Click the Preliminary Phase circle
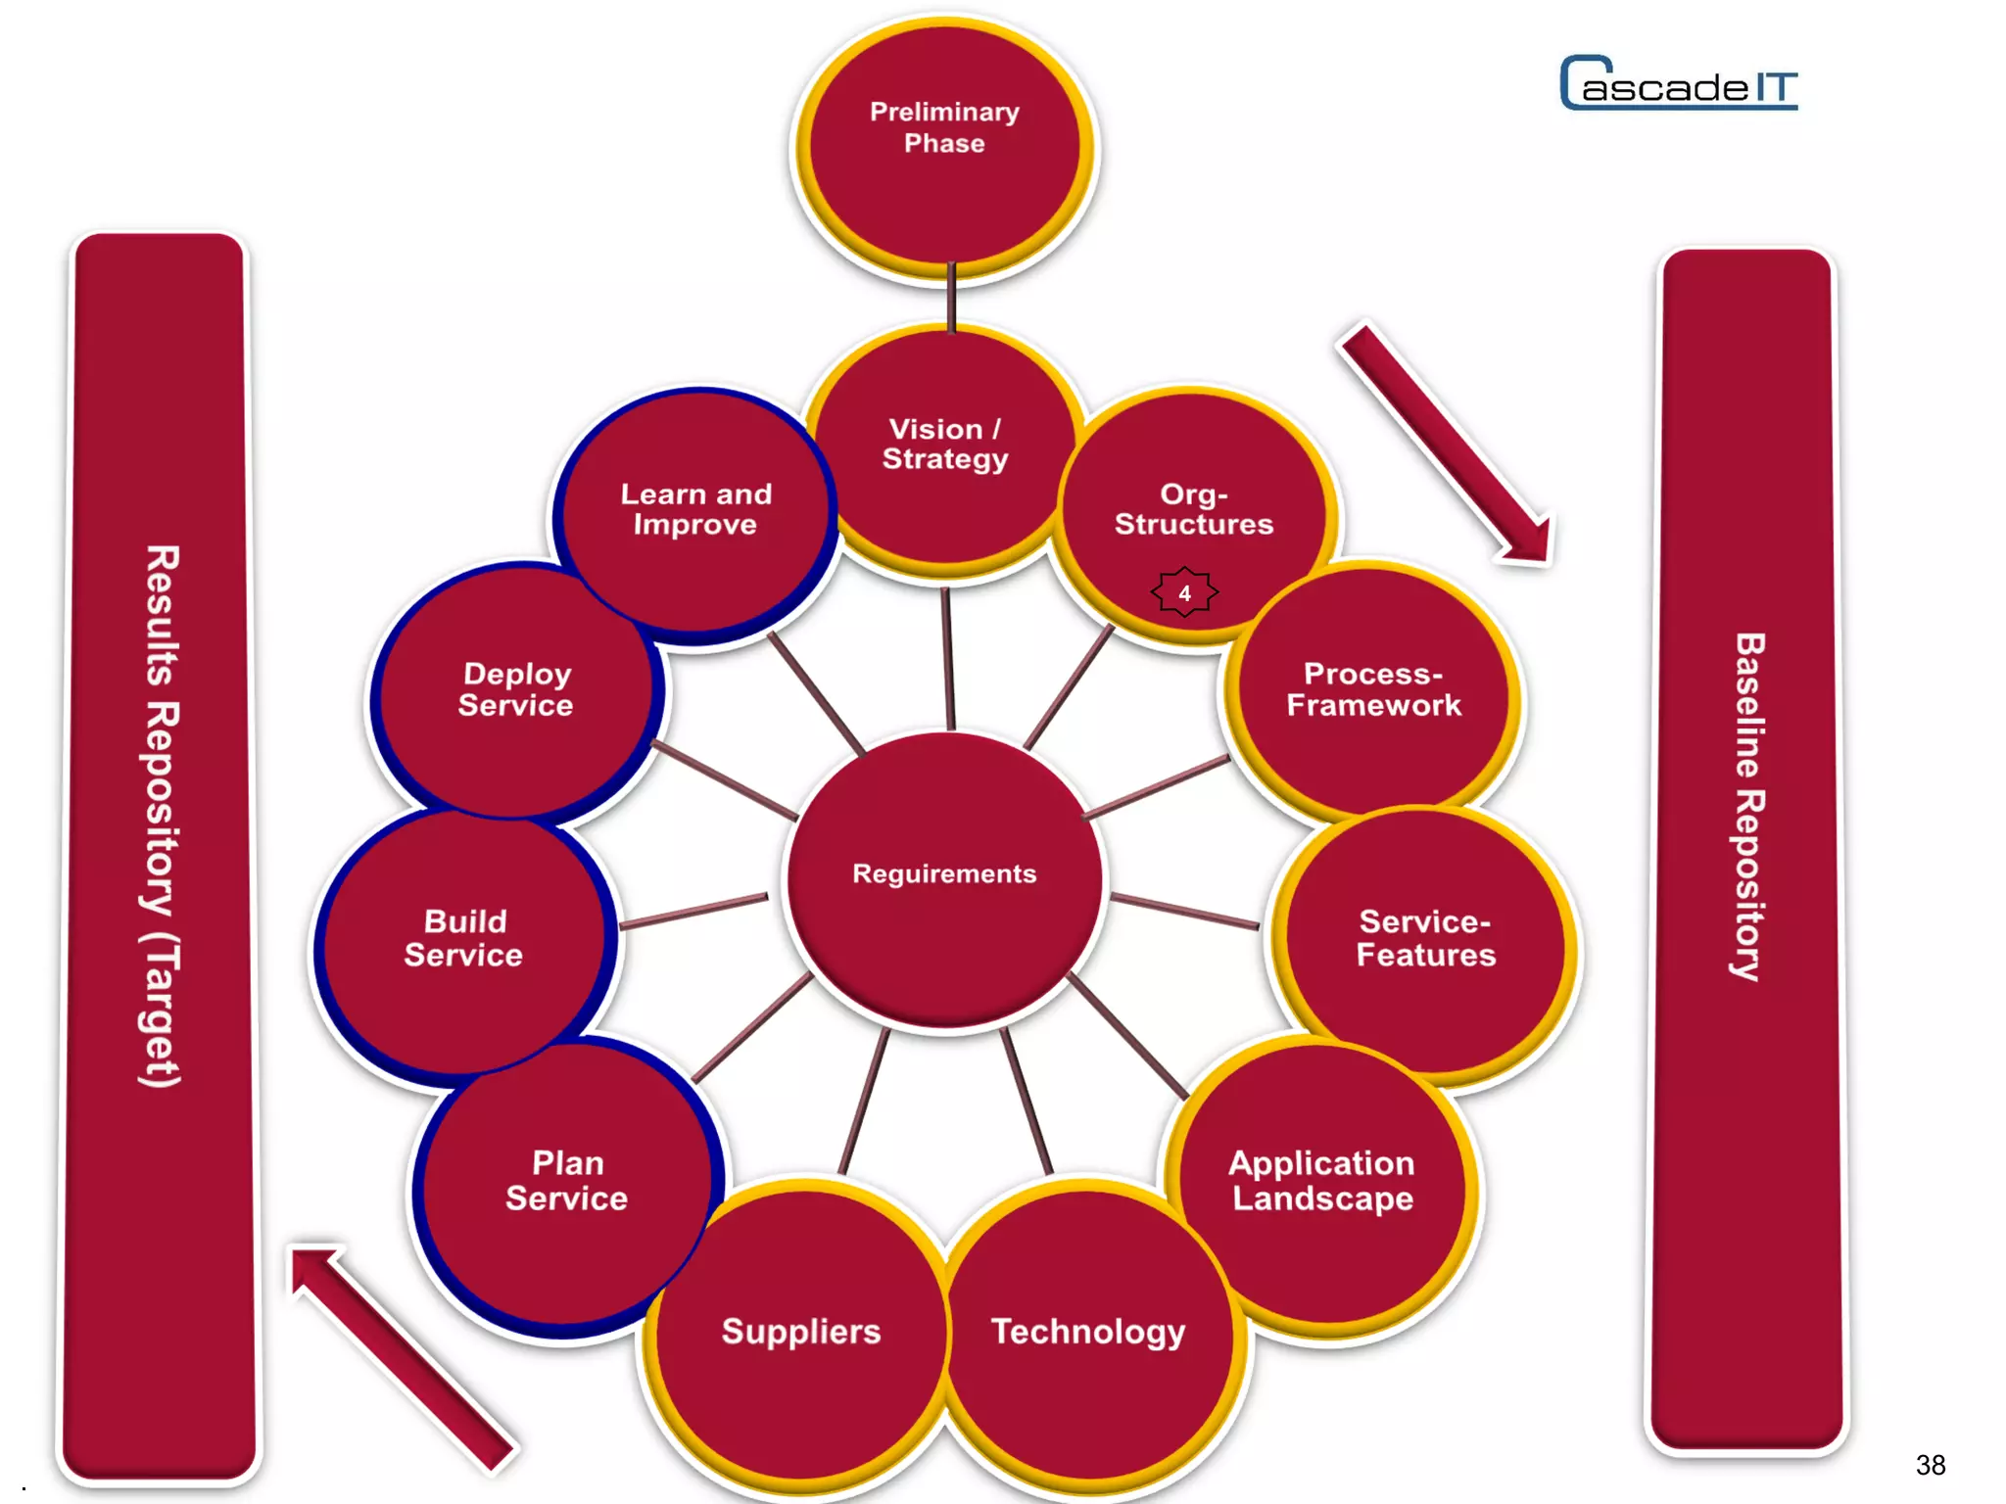tap(944, 147)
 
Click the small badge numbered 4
tap(1184, 592)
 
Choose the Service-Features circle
tap(1425, 940)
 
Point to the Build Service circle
tap(463, 940)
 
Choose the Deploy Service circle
tap(515, 690)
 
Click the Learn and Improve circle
tap(695, 509)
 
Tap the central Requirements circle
tap(944, 876)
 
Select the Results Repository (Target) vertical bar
tap(160, 852)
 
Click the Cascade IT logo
tap(1679, 84)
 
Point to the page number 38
tap(1931, 1465)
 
